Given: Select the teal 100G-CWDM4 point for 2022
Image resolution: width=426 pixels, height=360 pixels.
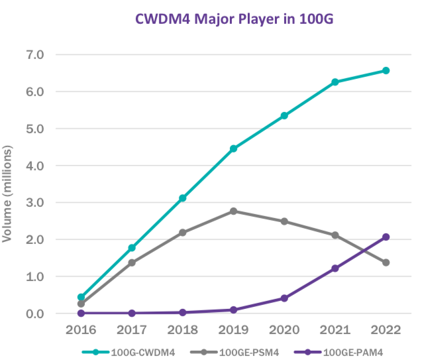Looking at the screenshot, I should tap(386, 70).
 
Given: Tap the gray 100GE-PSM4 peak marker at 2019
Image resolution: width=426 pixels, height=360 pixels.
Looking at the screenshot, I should tap(234, 211).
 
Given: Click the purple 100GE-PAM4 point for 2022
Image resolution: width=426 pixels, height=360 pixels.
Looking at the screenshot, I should tap(386, 237).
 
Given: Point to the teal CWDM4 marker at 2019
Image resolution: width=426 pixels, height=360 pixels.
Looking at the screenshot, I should tap(234, 149).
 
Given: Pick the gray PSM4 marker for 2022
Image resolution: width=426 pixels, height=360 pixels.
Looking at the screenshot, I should tap(386, 263).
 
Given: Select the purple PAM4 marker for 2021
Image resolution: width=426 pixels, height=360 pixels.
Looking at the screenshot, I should tap(335, 269).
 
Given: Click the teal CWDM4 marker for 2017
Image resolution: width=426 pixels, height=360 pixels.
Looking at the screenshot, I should tap(132, 248).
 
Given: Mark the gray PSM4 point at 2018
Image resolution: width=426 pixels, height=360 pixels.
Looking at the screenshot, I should tap(183, 233).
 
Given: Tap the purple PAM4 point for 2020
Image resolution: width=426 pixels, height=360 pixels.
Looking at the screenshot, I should tap(284, 298).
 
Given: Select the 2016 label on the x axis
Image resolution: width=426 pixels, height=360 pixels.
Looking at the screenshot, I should tap(81, 330).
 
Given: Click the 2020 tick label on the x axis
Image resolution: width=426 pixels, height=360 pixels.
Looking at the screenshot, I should tap(284, 330).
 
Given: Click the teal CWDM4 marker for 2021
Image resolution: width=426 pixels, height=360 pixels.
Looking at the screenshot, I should tap(335, 82).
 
